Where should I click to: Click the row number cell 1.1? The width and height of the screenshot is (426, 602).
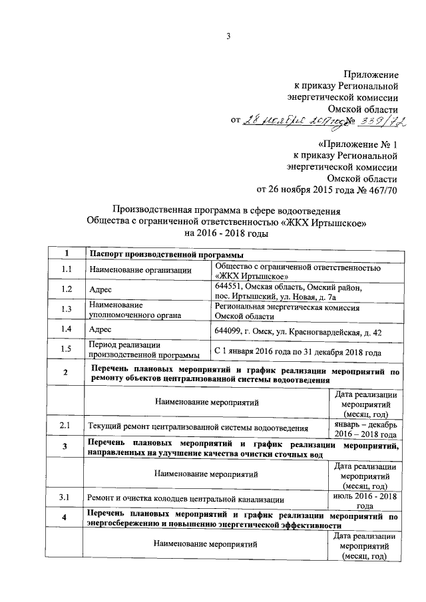point(66,269)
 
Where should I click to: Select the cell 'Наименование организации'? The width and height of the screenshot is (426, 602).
point(140,269)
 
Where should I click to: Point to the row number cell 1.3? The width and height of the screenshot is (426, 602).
point(66,309)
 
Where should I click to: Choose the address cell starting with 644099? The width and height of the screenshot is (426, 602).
point(298,331)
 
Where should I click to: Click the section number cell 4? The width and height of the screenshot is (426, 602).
point(65,518)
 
